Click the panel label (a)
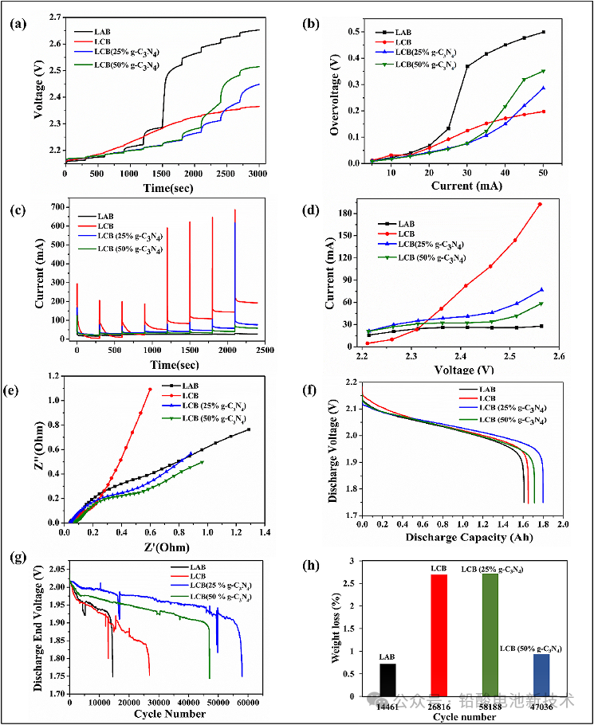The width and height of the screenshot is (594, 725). click(x=17, y=22)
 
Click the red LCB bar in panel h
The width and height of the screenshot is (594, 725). click(x=439, y=633)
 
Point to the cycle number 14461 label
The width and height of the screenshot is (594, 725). click(x=387, y=704)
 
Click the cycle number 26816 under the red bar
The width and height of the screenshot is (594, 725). click(x=439, y=704)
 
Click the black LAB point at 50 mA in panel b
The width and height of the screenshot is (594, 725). click(x=543, y=32)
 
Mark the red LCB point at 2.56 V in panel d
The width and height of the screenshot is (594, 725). click(x=540, y=204)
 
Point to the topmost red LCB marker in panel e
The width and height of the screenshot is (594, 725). click(x=150, y=389)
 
